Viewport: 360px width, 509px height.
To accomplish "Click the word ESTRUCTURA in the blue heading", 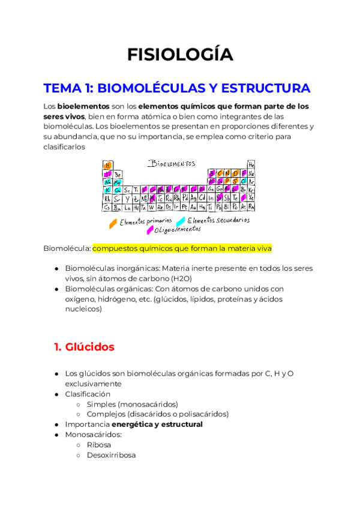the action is [265, 88].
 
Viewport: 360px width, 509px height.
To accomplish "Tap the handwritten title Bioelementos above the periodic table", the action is [172, 163].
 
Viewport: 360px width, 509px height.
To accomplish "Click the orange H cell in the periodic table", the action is [108, 165].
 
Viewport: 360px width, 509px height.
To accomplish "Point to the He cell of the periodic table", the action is [251, 165].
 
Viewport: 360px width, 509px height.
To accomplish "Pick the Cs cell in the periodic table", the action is [107, 208].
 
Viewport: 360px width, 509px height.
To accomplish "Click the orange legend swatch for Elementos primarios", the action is [112, 223].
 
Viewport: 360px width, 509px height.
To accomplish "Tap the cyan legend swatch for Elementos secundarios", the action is [181, 221].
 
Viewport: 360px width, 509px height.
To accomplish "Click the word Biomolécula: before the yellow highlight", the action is [67, 248].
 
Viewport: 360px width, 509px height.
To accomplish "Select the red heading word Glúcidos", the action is [91, 347].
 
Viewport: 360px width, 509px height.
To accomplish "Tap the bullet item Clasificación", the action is [88, 394].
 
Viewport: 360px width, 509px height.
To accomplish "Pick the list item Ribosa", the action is [98, 445].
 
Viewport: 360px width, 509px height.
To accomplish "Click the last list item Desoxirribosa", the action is [111, 455].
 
